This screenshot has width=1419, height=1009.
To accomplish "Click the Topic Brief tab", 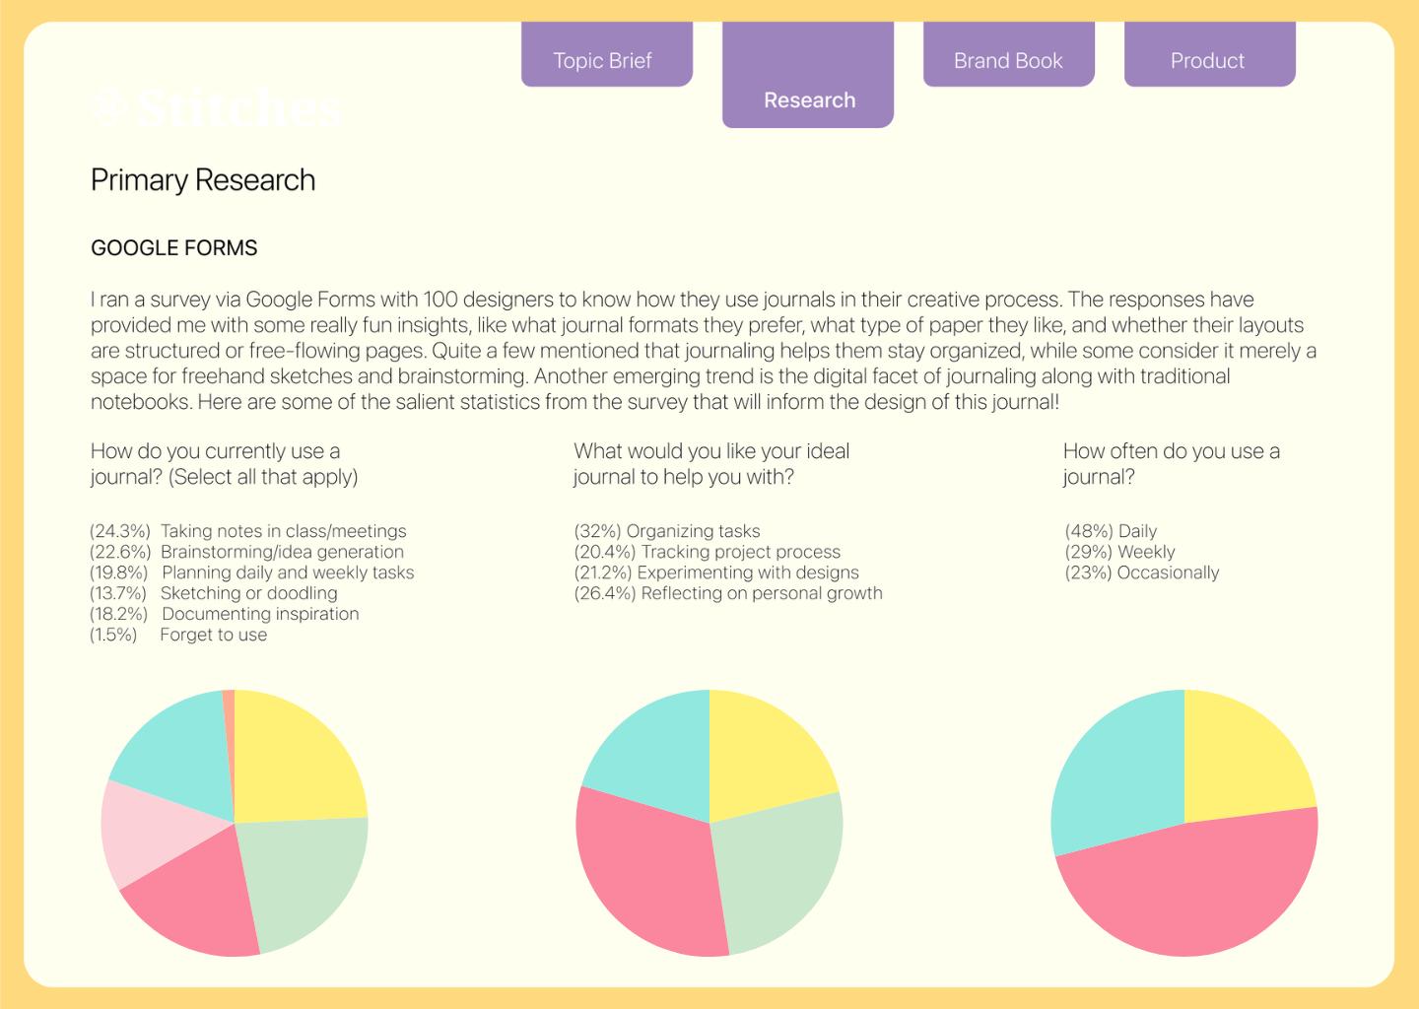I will (603, 60).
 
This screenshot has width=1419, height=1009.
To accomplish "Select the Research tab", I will (809, 100).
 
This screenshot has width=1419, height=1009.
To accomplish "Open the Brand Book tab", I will (1008, 60).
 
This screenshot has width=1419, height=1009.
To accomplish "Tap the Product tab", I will (1207, 60).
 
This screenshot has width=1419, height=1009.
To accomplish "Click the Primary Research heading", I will (203, 180).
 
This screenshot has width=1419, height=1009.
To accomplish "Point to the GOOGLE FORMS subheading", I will (174, 248).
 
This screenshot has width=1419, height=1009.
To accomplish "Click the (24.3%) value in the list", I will (120, 531).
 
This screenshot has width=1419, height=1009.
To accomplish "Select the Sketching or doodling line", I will (248, 593).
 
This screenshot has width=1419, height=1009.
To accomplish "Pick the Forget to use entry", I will (213, 635).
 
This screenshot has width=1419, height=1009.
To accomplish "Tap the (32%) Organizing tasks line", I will (667, 531).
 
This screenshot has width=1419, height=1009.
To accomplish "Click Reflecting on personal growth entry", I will (761, 593).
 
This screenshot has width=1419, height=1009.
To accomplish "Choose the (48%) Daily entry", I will (1111, 531).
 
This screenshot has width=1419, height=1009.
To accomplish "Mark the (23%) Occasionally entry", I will (1142, 572).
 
